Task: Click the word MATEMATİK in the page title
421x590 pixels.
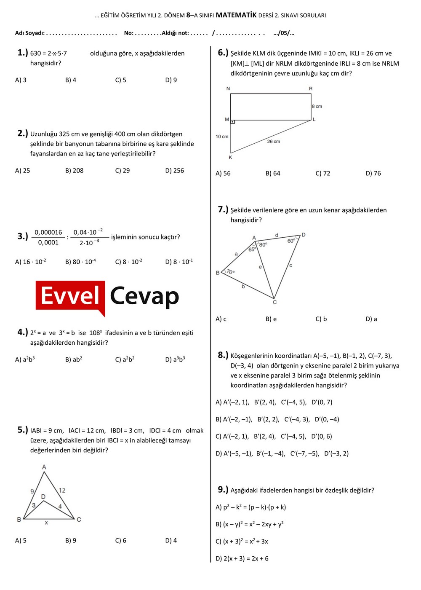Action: (236, 15)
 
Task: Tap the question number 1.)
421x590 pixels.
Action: (22, 53)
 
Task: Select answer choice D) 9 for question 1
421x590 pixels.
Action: (171, 80)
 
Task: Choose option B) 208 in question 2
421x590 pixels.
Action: (74, 171)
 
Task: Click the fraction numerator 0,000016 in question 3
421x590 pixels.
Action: (48, 232)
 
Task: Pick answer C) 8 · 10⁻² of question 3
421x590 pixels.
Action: (128, 262)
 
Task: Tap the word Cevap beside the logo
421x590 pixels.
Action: (144, 296)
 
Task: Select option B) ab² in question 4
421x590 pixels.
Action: (74, 359)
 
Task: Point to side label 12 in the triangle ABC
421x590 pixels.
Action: (62, 490)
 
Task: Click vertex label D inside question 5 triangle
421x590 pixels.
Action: (43, 497)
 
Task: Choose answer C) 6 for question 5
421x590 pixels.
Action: (120, 541)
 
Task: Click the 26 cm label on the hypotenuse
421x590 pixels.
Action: (273, 142)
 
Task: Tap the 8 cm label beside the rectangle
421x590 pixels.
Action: (317, 106)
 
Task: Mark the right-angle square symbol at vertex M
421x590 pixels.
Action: (232, 122)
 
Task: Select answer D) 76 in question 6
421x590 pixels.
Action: (373, 173)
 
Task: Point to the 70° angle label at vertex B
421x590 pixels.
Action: (231, 272)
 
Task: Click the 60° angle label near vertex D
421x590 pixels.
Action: (291, 241)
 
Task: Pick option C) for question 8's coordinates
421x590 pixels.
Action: (274, 437)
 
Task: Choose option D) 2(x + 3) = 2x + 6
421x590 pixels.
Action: (242, 559)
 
